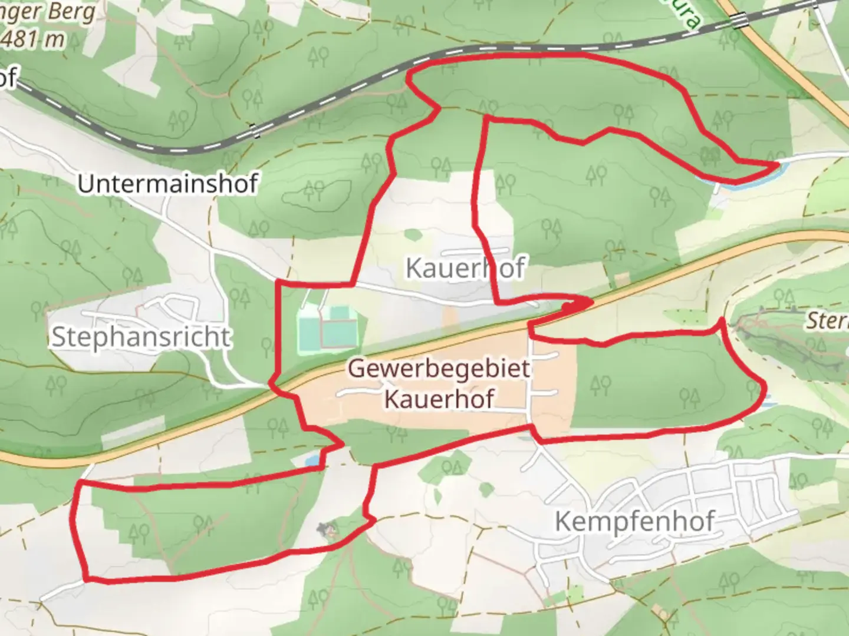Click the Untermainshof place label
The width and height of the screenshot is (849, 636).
click(x=167, y=184)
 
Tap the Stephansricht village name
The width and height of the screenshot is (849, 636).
click(x=141, y=337)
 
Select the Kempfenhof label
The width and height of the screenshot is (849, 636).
click(x=634, y=522)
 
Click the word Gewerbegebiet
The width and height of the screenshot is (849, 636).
click(x=439, y=369)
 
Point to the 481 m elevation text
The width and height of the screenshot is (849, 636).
click(x=40, y=39)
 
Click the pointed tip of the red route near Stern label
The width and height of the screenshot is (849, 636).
click(x=722, y=320)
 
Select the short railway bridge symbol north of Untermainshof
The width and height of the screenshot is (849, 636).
click(x=254, y=131)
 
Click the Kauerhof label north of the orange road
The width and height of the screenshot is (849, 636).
click(x=465, y=268)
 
